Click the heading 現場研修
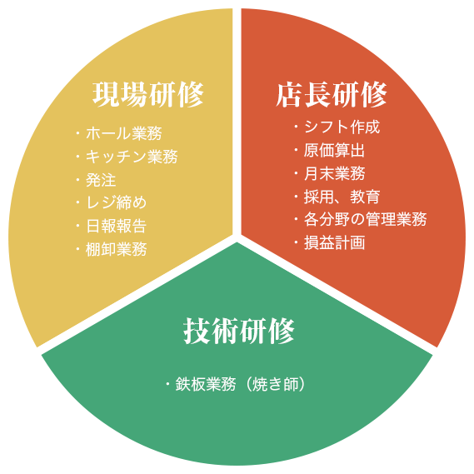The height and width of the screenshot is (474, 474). tap(147, 94)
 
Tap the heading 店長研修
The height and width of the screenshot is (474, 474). tap(332, 94)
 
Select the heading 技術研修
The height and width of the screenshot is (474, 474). tap(239, 331)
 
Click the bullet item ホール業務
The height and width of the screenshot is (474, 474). tap(124, 133)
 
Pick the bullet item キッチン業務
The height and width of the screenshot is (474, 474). tap(132, 157)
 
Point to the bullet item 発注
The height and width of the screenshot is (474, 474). tap(101, 180)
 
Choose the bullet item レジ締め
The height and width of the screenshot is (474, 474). tap(117, 202)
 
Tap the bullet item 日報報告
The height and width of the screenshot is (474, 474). tap(117, 226)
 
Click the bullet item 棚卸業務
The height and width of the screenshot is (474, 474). tap(117, 249)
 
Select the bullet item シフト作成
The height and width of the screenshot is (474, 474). tap(342, 127)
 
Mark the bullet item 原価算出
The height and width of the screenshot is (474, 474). tap(334, 150)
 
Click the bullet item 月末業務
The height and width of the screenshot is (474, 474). tap(334, 173)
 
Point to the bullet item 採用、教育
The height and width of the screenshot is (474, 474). tap(342, 197)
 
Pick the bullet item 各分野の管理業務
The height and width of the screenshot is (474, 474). tap(365, 219)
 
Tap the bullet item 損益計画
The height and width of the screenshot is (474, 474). tap(334, 242)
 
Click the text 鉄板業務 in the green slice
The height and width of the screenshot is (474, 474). tap(206, 385)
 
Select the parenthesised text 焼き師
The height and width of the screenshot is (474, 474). tap(276, 385)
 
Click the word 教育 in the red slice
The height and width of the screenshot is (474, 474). tap(365, 197)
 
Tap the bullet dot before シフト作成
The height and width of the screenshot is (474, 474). tap(297, 126)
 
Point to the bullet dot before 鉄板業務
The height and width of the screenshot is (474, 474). tap(167, 384)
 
